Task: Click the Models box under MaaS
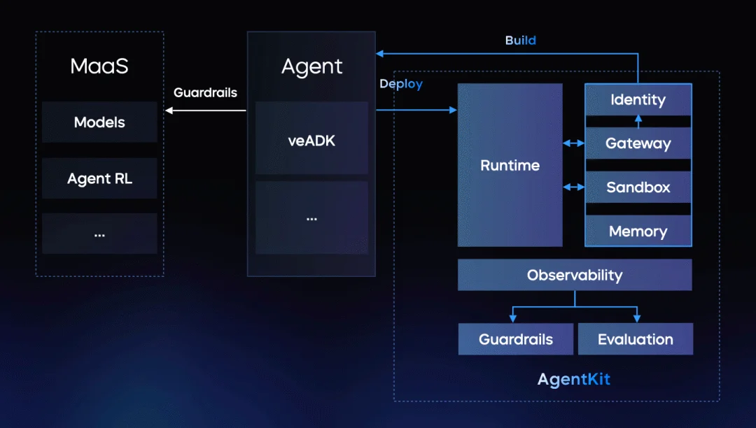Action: pyautogui.click(x=99, y=122)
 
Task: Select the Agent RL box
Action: pyautogui.click(x=99, y=178)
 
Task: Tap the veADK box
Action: pyautogui.click(x=311, y=140)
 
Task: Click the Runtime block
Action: pyautogui.click(x=510, y=166)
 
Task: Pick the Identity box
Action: pyautogui.click(x=638, y=100)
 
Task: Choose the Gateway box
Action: pyautogui.click(x=638, y=144)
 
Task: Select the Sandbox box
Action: pyautogui.click(x=638, y=187)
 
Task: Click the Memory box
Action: pyautogui.click(x=638, y=231)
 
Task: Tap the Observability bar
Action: pyautogui.click(x=574, y=275)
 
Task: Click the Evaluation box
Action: pyautogui.click(x=635, y=339)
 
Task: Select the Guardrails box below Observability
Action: pyautogui.click(x=516, y=339)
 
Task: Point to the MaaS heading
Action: pyautogui.click(x=99, y=66)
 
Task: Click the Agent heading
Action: pyautogui.click(x=311, y=66)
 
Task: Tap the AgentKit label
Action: pyautogui.click(x=574, y=380)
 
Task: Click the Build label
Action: pyautogui.click(x=520, y=41)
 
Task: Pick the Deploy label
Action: pyautogui.click(x=401, y=84)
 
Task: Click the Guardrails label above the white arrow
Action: pyautogui.click(x=205, y=92)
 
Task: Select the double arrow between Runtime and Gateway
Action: pyautogui.click(x=573, y=143)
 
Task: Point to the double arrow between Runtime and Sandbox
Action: pyautogui.click(x=573, y=187)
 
